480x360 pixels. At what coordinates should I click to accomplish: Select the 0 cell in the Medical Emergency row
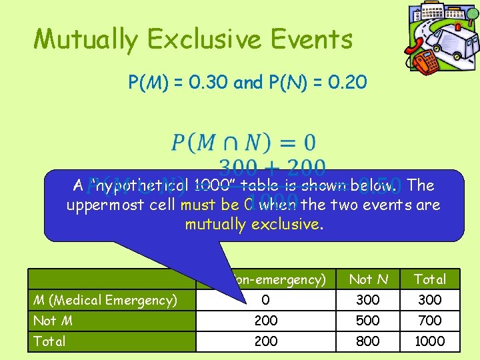coord(266,300)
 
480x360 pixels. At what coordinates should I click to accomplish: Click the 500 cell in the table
coord(367,321)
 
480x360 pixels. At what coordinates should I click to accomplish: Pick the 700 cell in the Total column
coord(429,321)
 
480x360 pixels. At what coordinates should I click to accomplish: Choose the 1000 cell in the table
coord(429,341)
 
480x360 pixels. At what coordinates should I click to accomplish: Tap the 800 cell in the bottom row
coord(367,341)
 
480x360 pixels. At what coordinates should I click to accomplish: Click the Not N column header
coord(367,279)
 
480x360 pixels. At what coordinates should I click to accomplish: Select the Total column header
coord(429,279)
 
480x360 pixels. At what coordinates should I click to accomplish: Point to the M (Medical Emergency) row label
coord(104,300)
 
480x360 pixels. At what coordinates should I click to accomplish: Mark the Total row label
coord(50,341)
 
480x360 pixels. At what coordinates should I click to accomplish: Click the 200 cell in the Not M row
coord(266,321)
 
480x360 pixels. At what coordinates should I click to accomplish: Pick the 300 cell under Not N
coord(367,300)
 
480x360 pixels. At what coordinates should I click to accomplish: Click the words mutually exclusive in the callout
coord(254,223)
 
